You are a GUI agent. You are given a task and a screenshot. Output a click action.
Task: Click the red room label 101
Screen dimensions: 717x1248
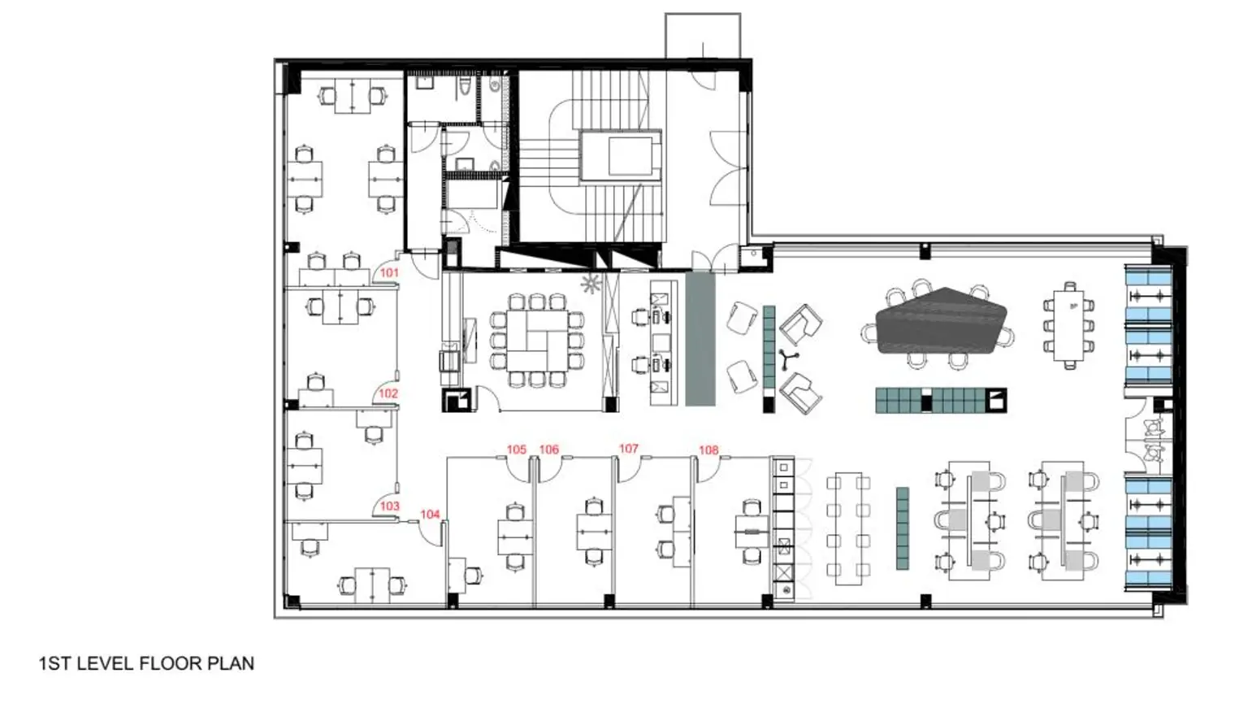(x=390, y=273)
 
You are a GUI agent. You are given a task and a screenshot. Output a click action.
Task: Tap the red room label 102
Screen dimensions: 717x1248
(x=388, y=393)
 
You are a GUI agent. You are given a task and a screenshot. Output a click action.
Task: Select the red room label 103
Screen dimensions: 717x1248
(x=390, y=506)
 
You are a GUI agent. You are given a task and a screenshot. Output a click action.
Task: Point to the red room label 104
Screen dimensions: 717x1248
(x=430, y=515)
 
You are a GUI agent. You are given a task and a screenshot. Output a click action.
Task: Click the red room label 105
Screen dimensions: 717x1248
(x=517, y=450)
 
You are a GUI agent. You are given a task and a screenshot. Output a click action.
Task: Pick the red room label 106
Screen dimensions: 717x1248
(x=549, y=450)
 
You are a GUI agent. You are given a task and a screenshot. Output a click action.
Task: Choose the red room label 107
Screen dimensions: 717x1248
(x=629, y=449)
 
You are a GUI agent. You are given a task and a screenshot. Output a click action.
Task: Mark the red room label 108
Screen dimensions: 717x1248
(x=708, y=450)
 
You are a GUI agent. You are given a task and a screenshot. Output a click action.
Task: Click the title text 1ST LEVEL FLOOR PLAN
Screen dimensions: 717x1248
(x=146, y=663)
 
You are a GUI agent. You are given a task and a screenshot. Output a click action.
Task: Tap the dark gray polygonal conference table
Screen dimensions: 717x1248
(x=941, y=320)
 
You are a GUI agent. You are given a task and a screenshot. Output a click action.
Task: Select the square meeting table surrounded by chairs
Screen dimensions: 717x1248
(x=537, y=339)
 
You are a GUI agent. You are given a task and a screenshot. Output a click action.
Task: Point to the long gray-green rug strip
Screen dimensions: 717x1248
(x=700, y=338)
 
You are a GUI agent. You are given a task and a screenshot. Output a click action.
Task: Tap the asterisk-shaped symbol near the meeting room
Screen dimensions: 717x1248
(x=591, y=284)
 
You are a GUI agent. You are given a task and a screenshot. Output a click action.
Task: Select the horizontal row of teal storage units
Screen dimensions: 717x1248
(x=940, y=401)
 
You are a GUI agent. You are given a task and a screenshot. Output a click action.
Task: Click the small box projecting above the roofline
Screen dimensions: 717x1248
(x=703, y=35)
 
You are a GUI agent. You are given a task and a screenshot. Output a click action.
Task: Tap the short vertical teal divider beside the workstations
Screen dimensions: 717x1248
(x=902, y=528)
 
